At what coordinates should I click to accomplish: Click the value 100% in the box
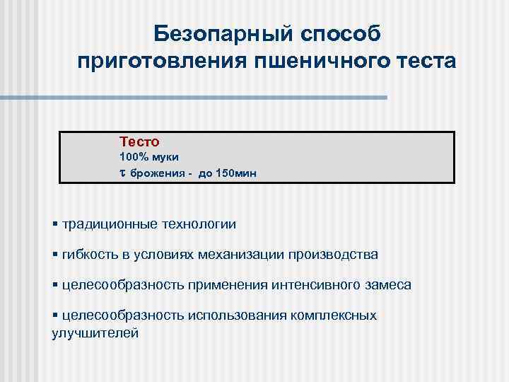coord(134,156)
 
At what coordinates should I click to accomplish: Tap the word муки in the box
coord(164,156)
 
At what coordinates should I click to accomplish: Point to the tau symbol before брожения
coord(122,173)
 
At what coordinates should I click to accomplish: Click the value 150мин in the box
coord(228,173)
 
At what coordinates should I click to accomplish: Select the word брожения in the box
coord(156,173)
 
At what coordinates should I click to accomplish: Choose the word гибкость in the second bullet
coord(88,254)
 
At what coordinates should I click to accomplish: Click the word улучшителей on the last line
coord(95,332)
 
